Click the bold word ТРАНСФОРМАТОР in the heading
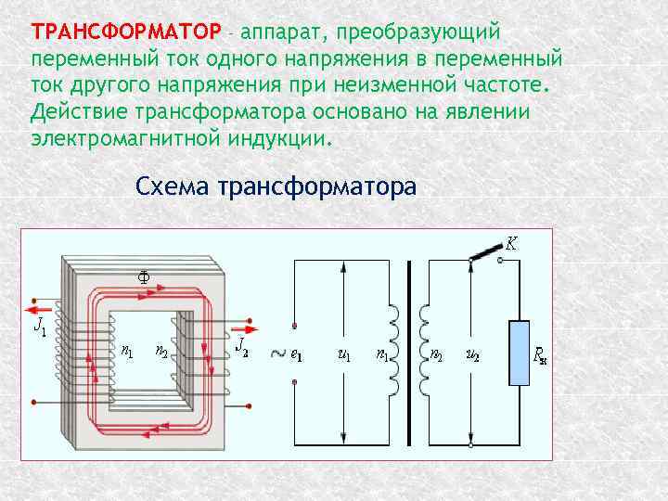[126, 32]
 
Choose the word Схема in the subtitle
[173, 186]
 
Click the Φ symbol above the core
[144, 275]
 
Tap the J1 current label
[39, 326]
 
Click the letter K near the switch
[511, 244]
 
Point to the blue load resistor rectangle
[520, 353]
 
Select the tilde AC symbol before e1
[275, 353]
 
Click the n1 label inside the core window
[127, 352]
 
